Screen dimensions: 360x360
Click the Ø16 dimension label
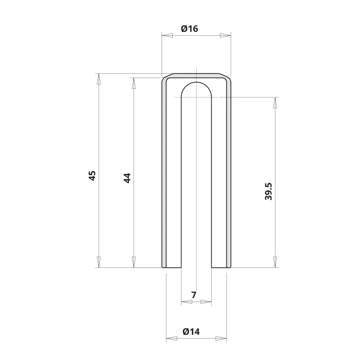[189, 29]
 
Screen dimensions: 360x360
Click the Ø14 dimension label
[191, 332]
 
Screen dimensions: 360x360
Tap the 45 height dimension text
[92, 176]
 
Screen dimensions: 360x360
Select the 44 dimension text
[127, 178]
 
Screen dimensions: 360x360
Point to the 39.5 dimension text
[268, 192]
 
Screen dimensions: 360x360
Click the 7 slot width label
[194, 295]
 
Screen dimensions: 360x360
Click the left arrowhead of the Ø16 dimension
[167, 35]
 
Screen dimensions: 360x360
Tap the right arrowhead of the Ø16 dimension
[225, 35]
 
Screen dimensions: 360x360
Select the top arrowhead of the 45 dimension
[99, 79]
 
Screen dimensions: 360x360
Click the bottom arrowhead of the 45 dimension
[99, 262]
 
